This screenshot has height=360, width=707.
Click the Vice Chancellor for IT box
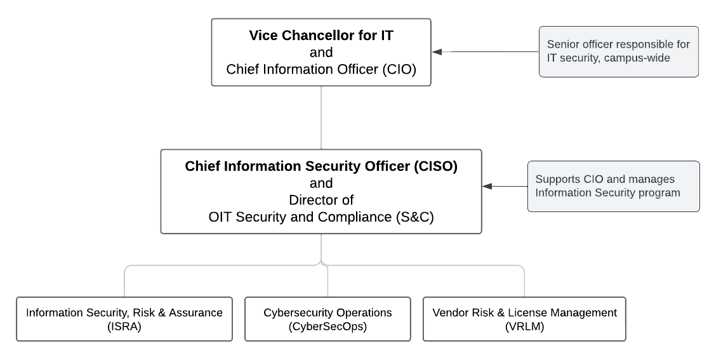click(321, 52)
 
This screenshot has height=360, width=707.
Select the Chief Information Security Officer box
click(321, 191)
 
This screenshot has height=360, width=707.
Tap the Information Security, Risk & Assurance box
click(124, 319)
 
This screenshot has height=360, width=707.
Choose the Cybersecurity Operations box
click(327, 319)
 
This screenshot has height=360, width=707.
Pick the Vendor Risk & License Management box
click(524, 319)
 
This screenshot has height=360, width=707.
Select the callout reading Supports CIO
click(614, 186)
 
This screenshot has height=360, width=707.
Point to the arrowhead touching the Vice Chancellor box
click(437, 52)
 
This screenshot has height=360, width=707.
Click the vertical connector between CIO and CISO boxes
click(321, 117)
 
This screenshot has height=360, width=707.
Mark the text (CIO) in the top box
click(399, 69)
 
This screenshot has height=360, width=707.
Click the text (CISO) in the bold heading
click(435, 166)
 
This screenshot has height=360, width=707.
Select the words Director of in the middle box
click(320, 200)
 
